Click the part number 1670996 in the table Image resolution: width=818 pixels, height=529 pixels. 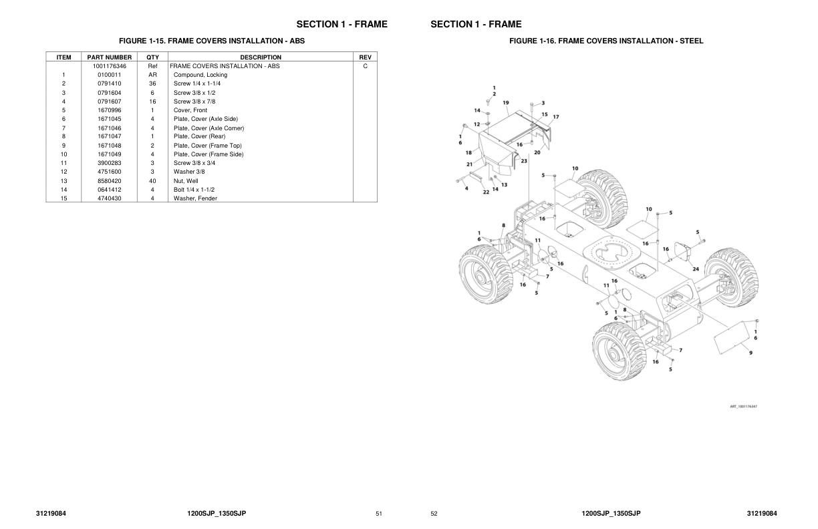pyautogui.click(x=109, y=110)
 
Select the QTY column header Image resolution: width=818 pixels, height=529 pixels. pyautogui.click(x=152, y=57)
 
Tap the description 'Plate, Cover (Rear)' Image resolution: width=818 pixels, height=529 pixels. pyautogui.click(x=199, y=136)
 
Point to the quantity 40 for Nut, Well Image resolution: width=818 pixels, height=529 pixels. pyautogui.click(x=152, y=181)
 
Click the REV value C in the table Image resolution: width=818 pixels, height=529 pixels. pyautogui.click(x=365, y=66)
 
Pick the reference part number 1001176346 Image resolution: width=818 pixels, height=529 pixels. pyautogui.click(x=109, y=66)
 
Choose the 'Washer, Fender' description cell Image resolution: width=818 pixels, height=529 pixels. pyautogui.click(x=195, y=198)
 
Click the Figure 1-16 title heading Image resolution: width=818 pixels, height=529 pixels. pyautogui.click(x=606, y=41)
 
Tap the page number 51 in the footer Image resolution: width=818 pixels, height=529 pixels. pyautogui.click(x=379, y=514)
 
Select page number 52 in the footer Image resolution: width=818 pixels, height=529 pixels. pyautogui.click(x=434, y=514)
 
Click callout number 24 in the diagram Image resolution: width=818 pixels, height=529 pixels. pyautogui.click(x=696, y=269)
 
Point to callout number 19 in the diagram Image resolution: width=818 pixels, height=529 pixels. pyautogui.click(x=506, y=103)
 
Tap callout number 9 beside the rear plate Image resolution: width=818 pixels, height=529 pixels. pyautogui.click(x=751, y=353)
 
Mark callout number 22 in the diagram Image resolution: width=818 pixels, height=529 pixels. pyautogui.click(x=486, y=192)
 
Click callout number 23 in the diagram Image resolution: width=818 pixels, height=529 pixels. pyautogui.click(x=524, y=161)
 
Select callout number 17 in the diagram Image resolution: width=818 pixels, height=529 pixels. pyautogui.click(x=556, y=117)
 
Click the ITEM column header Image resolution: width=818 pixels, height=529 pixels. pyautogui.click(x=63, y=57)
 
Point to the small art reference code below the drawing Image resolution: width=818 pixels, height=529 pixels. pyautogui.click(x=744, y=406)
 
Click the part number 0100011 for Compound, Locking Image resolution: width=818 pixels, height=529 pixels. pyautogui.click(x=109, y=75)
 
